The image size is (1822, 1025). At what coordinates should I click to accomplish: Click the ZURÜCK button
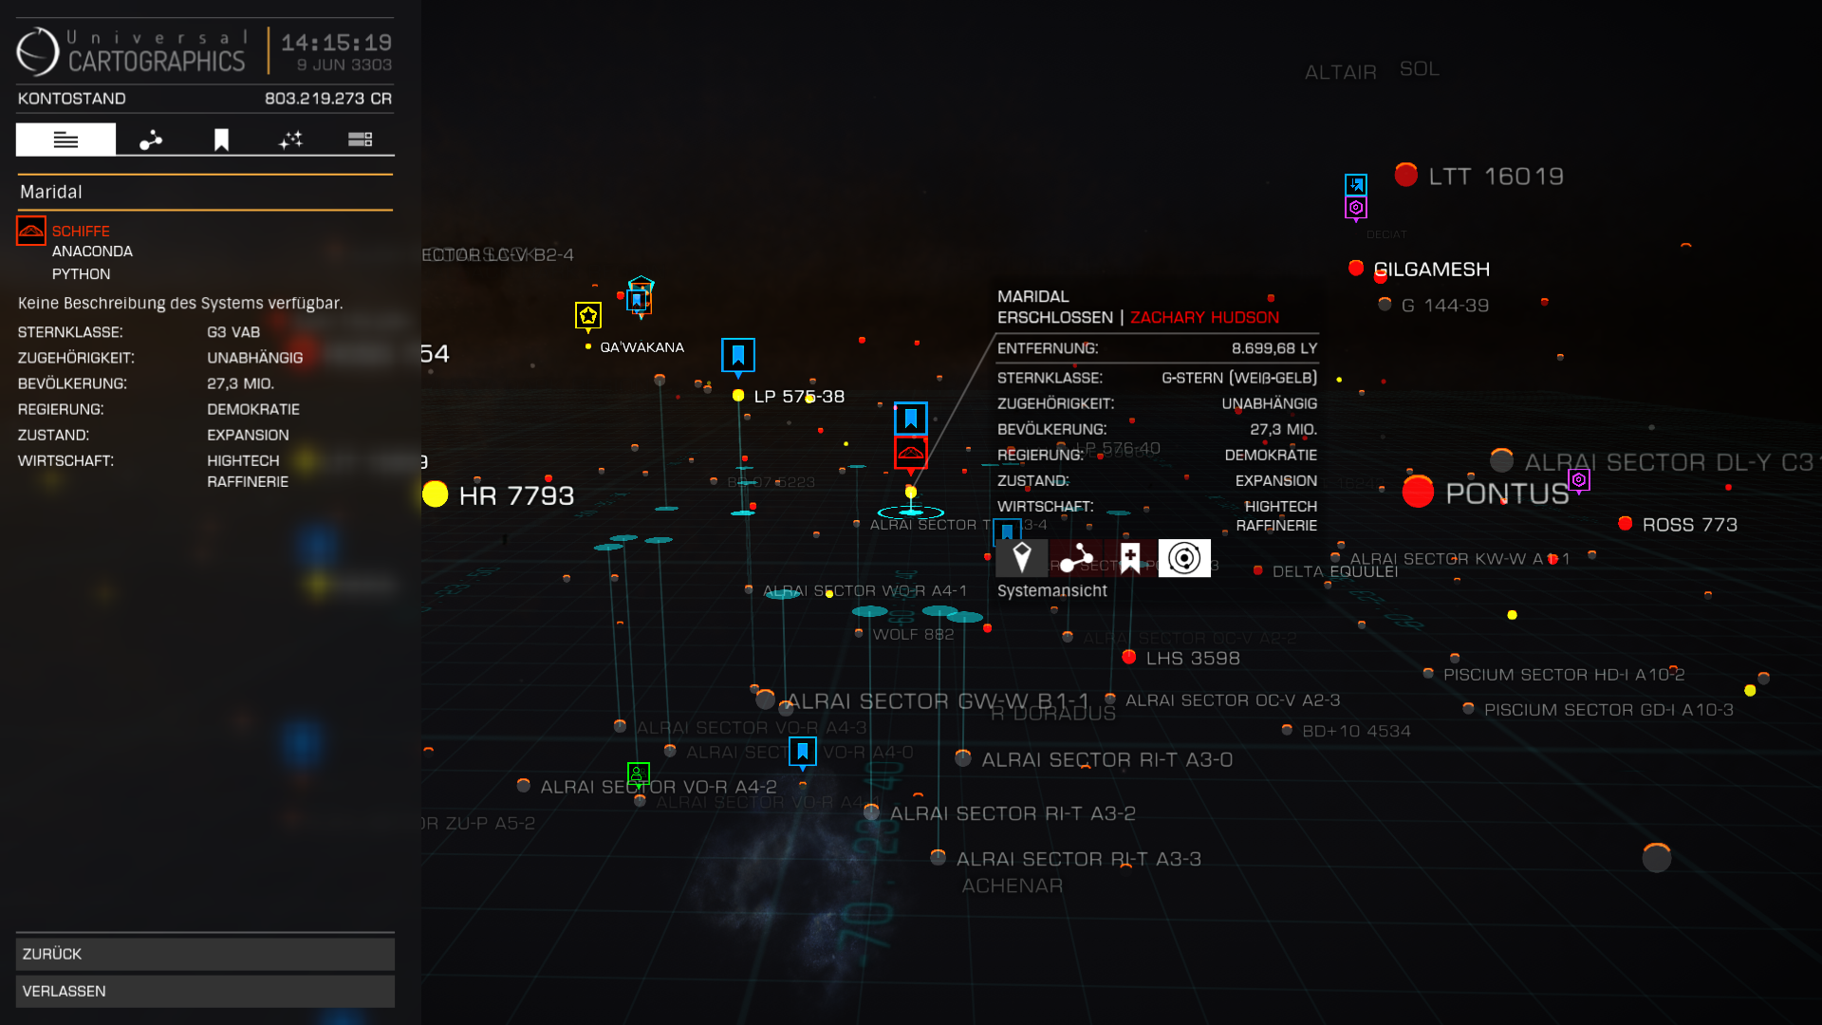(205, 954)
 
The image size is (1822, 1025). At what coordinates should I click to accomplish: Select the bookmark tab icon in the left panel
(221, 140)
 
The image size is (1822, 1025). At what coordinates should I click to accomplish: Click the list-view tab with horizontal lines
(65, 140)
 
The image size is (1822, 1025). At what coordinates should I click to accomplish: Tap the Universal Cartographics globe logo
(38, 51)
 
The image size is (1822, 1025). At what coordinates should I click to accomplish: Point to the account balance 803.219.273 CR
(327, 99)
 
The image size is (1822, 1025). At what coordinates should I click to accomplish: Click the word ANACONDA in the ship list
(92, 252)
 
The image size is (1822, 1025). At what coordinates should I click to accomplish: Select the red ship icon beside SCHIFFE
(31, 231)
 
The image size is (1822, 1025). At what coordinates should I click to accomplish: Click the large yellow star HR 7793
(436, 494)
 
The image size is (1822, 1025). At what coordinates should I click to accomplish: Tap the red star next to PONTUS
(1418, 492)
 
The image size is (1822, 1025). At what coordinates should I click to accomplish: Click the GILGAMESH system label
(1431, 270)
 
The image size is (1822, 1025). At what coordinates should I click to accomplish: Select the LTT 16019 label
(1496, 177)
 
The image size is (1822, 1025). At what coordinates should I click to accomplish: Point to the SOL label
(1420, 69)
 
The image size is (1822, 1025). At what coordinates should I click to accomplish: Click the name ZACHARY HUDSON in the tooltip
(1204, 318)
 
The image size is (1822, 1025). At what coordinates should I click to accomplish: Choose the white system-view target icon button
(1184, 558)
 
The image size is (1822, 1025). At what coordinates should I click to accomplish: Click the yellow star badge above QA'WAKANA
(588, 315)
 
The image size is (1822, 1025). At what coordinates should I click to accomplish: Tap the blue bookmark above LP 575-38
(738, 355)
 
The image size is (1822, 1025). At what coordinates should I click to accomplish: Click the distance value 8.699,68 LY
(1274, 348)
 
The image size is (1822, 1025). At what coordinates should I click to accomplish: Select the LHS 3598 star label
(1193, 659)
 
